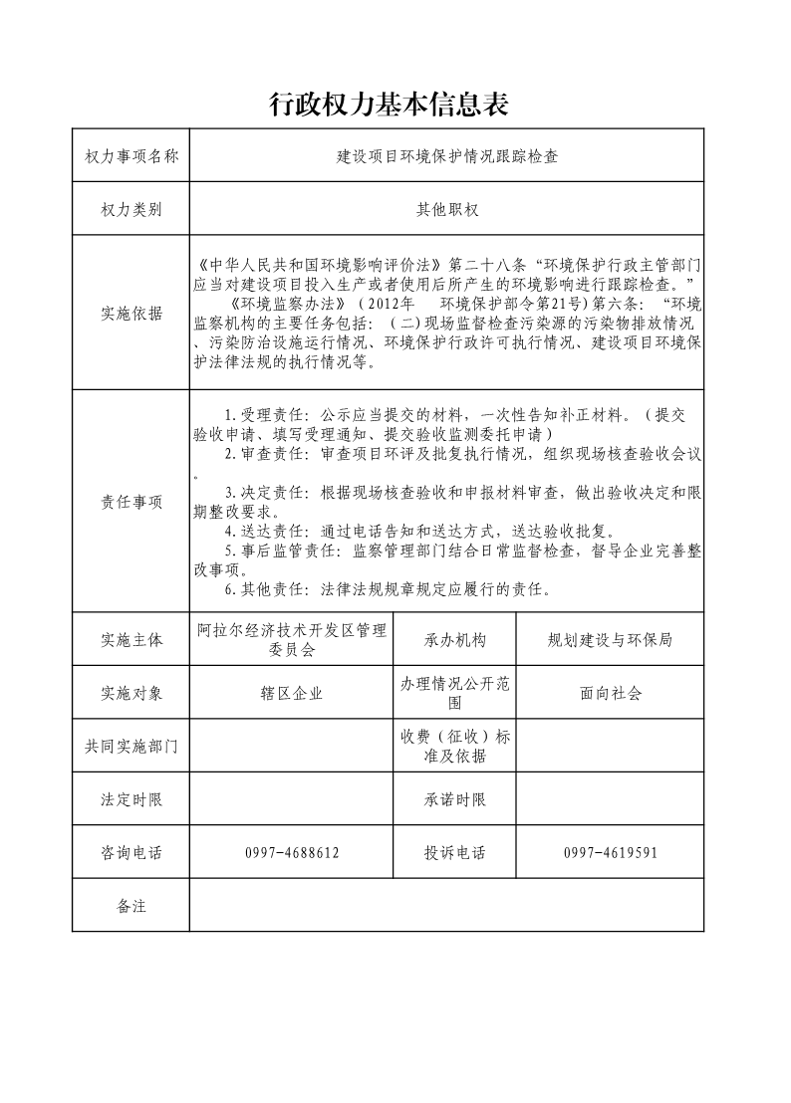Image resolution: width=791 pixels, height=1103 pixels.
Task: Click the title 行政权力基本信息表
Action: [390, 104]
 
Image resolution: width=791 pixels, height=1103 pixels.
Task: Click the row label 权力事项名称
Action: [132, 156]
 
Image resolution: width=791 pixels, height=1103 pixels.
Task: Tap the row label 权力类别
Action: [132, 210]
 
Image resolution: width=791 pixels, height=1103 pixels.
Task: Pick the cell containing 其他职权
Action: [447, 210]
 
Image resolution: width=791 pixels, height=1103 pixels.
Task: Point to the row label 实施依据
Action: [132, 314]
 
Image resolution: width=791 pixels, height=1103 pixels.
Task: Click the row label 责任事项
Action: [132, 502]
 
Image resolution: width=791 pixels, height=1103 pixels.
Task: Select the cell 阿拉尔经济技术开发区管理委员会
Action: [291, 640]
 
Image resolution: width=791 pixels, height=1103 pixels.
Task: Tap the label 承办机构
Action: [455, 640]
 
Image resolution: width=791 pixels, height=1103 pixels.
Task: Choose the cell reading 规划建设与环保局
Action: [610, 640]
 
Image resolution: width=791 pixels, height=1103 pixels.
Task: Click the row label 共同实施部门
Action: [132, 747]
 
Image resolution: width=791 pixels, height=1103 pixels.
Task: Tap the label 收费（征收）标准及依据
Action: [455, 747]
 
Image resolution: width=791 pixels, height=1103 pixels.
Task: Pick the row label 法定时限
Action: [132, 799]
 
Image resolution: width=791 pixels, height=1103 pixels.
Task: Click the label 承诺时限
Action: [455, 799]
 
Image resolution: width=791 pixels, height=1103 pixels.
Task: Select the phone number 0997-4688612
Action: [291, 853]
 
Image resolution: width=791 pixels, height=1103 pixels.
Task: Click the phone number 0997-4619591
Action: [610, 853]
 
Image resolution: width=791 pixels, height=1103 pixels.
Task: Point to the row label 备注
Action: [132, 906]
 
